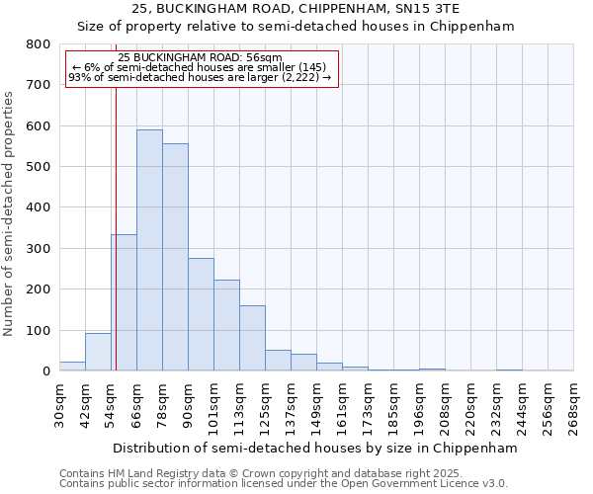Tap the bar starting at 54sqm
coord(124,302)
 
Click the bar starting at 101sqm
coord(226,325)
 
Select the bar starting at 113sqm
coord(252,338)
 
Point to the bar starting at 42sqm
coord(98,352)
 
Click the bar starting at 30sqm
coord(72,366)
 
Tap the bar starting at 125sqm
coord(278,361)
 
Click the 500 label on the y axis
coord(39,167)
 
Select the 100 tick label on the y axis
coord(39,330)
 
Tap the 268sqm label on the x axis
coord(574,406)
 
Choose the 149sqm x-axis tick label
coord(316,406)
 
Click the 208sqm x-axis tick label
coord(445,406)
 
